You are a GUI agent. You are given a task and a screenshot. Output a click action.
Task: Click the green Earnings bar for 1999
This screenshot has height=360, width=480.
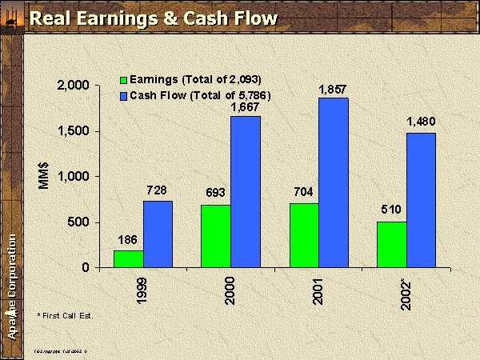coord(128,258)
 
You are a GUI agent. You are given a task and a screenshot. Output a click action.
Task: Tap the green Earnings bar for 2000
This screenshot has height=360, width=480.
coord(215,236)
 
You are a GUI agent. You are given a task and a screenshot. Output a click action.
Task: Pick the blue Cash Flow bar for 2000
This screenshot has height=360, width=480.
coord(246,191)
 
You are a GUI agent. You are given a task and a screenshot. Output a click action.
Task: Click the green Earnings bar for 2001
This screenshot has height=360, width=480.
coord(304,235)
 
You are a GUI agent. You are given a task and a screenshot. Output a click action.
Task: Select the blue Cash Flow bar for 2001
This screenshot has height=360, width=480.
coord(334,182)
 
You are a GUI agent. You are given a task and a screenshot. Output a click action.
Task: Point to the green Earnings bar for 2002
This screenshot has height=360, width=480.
coord(391,244)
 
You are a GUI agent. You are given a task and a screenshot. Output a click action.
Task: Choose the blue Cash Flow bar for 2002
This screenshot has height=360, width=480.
coord(421,200)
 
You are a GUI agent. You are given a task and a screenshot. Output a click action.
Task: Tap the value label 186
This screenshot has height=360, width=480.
coord(128,239)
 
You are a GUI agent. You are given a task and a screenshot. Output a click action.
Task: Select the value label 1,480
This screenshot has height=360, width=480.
coord(421,122)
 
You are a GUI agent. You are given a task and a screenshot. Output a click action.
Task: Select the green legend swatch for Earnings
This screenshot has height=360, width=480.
coord(123,79)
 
